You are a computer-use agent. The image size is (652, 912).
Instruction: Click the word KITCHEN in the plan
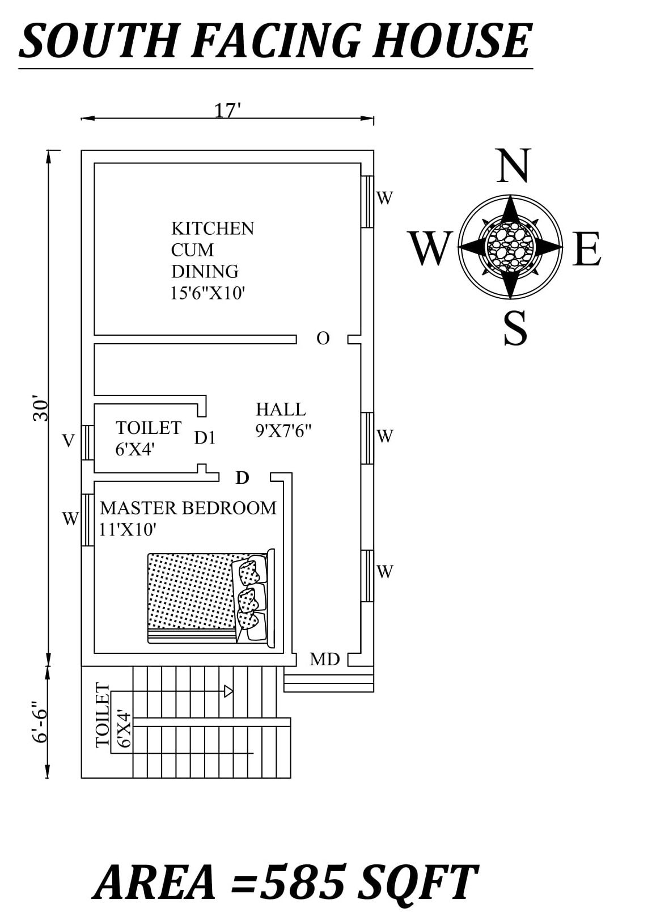tap(213, 229)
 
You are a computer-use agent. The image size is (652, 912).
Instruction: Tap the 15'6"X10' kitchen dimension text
tap(208, 293)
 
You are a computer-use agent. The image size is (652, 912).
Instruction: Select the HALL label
tap(281, 409)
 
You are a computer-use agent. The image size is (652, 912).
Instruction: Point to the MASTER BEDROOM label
tap(188, 508)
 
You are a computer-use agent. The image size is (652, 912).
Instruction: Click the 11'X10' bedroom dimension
tap(128, 530)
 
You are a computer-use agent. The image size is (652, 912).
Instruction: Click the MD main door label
tap(324, 659)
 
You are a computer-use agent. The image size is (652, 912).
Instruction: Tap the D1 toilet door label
tap(205, 438)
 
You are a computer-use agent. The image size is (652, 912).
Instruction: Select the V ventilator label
tap(69, 441)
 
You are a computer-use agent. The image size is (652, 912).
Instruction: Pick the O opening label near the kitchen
tap(323, 339)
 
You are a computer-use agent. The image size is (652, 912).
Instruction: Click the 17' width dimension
tap(228, 111)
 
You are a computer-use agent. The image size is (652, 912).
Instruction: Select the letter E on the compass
tap(586, 250)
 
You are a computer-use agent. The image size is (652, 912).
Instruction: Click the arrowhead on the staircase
tap(228, 691)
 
